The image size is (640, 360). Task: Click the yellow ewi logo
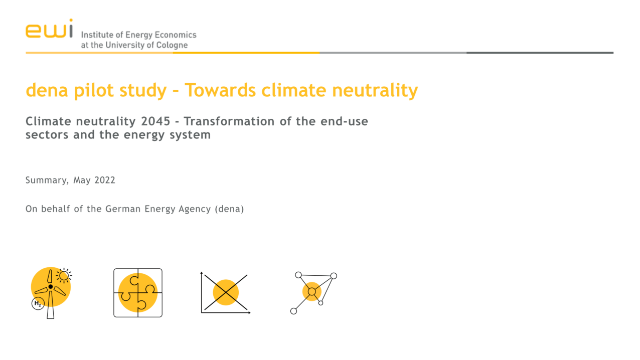point(49,29)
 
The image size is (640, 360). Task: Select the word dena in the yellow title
point(47,90)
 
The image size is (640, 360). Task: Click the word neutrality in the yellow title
point(375,90)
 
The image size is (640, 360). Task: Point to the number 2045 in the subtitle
point(155,121)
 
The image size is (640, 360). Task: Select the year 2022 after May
point(104,180)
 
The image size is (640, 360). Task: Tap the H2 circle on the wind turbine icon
point(38,303)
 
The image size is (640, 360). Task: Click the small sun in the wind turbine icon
point(64,276)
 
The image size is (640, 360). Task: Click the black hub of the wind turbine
point(51,287)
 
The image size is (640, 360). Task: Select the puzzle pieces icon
point(138,293)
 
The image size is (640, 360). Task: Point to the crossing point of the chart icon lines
point(226,292)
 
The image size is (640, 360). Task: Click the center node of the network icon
point(312,292)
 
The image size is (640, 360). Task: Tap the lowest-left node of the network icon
point(293,311)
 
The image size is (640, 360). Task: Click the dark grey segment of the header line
point(540,53)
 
